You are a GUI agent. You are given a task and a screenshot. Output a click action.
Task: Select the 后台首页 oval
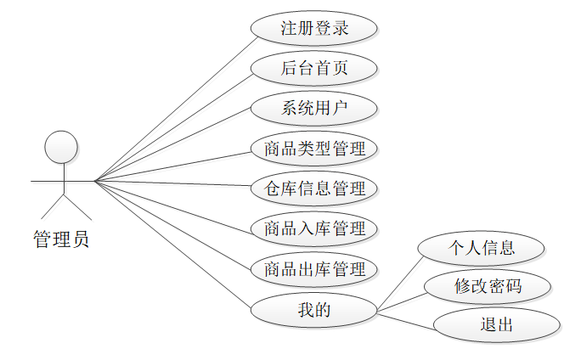[x=314, y=68]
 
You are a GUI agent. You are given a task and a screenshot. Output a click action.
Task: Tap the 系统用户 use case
[x=314, y=108]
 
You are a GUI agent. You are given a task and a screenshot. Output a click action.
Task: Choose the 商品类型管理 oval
[x=314, y=149]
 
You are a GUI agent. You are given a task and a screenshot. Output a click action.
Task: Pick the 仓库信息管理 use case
[x=314, y=188]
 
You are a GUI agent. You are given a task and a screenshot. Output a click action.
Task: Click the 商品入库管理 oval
[x=314, y=228]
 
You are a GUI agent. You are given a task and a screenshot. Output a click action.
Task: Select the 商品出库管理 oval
[x=314, y=269]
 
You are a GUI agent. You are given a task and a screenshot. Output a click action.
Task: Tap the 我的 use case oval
[x=314, y=310]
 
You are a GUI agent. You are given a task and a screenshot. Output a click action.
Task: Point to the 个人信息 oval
[x=482, y=248]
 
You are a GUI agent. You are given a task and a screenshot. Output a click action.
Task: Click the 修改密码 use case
[x=488, y=287]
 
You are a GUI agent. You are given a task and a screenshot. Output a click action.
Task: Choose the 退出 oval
[x=496, y=325]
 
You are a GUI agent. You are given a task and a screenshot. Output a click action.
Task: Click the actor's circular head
[x=61, y=147]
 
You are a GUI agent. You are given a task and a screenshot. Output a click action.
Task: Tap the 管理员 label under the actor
[x=61, y=240]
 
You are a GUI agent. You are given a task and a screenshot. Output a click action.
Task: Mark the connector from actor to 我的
[x=173, y=242]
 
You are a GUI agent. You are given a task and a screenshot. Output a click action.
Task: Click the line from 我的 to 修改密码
[x=401, y=303]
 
